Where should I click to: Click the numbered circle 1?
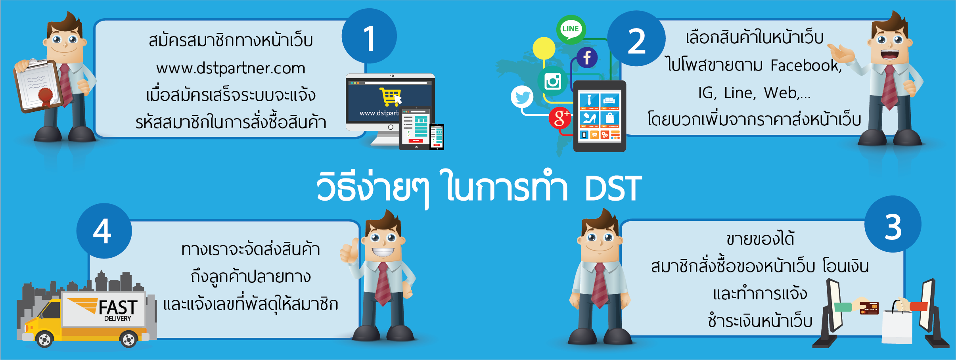click(369, 36)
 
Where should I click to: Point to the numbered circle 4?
click(104, 231)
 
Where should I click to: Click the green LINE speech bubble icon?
click(571, 29)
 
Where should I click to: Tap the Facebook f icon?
click(587, 58)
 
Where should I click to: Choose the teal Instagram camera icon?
click(552, 81)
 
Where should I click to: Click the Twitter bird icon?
click(522, 97)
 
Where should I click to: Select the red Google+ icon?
click(560, 118)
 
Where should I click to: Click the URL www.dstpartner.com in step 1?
click(231, 68)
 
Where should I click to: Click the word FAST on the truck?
click(118, 307)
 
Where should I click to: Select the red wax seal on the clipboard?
click(45, 95)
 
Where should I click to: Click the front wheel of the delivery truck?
click(44, 339)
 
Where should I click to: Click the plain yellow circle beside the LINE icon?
click(544, 48)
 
